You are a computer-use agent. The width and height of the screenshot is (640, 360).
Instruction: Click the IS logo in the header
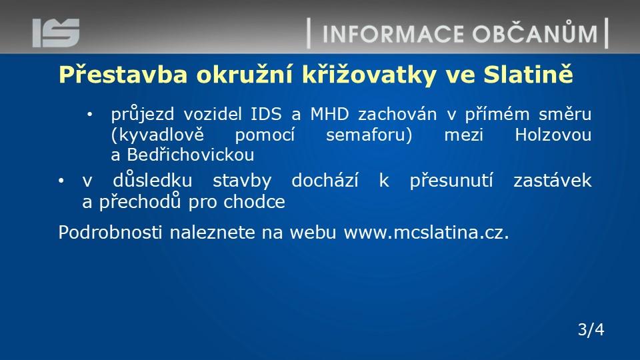tap(56, 33)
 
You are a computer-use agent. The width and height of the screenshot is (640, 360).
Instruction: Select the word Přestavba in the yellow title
tap(123, 74)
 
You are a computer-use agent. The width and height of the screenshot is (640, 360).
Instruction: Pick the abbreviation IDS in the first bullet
tap(266, 114)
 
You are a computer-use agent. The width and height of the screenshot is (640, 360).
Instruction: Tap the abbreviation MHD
tap(330, 114)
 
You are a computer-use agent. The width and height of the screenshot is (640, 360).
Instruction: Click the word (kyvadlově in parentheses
tap(157, 135)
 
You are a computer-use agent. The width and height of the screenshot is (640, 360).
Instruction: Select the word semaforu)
tap(369, 135)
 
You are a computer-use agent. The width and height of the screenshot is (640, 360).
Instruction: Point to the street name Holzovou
tap(553, 135)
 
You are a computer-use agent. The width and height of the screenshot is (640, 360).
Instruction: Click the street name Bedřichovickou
tap(190, 155)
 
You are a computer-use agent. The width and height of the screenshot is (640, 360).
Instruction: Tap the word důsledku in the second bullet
tap(152, 180)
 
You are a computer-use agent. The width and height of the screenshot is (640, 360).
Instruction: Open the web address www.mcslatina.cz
tap(426, 232)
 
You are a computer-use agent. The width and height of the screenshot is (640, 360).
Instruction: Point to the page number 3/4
tap(591, 329)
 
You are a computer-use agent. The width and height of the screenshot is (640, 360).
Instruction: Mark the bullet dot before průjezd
tap(90, 115)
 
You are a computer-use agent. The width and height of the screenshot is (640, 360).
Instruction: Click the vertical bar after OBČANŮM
tap(607, 33)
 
